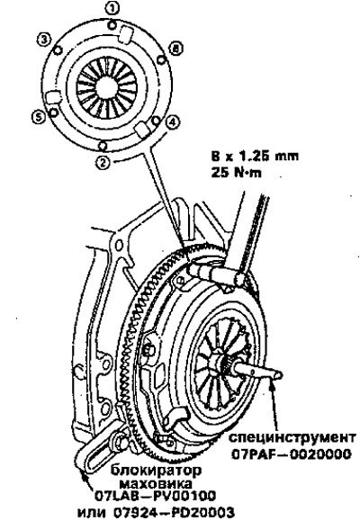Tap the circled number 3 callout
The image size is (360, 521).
(x=44, y=40)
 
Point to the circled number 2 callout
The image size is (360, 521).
(x=103, y=163)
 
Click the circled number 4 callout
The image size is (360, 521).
(x=172, y=122)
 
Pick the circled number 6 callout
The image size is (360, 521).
(x=176, y=49)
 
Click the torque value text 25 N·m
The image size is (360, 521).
(x=236, y=173)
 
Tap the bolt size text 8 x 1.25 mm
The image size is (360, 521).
(x=255, y=156)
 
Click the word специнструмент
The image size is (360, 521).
(x=292, y=437)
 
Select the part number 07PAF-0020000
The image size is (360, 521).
(x=292, y=454)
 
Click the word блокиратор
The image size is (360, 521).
(x=156, y=471)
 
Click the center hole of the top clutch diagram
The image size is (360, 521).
(x=107, y=87)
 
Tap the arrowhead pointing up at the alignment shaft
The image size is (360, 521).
(x=273, y=386)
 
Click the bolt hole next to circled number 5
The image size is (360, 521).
(x=52, y=112)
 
